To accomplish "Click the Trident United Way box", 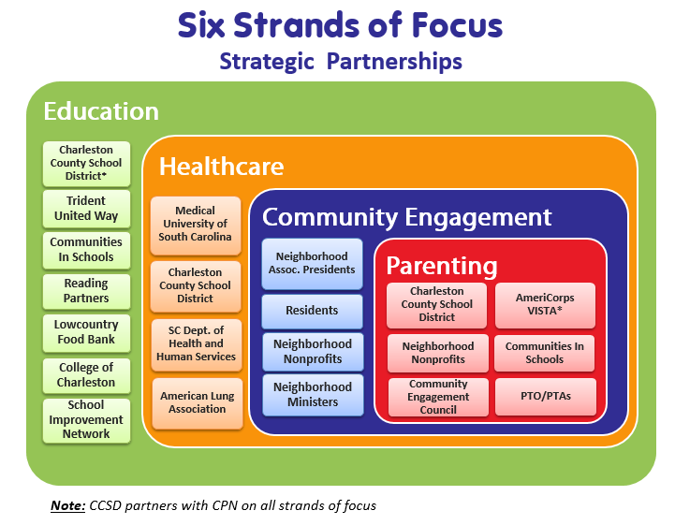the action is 86,209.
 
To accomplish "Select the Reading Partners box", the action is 86,291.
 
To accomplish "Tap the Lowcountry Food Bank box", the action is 86,332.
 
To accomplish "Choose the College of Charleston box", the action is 86,375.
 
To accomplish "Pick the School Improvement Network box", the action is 86,420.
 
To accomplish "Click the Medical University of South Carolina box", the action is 195,225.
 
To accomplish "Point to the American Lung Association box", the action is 198,402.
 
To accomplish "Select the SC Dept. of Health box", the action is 196,344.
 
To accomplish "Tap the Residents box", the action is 312,311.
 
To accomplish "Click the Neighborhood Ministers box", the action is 313,395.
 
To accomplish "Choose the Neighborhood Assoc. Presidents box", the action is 312,263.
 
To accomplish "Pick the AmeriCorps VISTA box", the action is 545,305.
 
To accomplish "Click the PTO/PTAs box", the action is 546,397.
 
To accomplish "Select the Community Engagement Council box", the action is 438,397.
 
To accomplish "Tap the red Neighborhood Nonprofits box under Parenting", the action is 438,353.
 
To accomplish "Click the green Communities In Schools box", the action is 86,250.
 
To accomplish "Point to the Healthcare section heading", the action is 222,167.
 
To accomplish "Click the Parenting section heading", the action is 442,266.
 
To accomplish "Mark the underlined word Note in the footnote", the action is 68,505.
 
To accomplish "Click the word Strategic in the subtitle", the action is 267,62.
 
